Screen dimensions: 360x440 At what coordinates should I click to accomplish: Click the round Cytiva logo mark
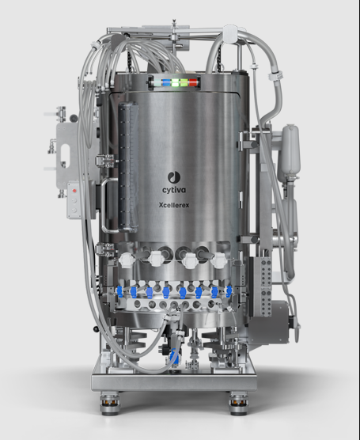pyautogui.click(x=174, y=177)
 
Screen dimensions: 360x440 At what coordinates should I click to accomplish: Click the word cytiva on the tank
pyautogui.click(x=174, y=190)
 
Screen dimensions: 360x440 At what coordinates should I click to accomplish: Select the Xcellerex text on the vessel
pyautogui.click(x=174, y=205)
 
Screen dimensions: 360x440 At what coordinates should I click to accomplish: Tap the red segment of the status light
pyautogui.click(x=193, y=82)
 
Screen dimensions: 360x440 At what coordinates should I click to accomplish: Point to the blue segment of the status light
pyautogui.click(x=166, y=82)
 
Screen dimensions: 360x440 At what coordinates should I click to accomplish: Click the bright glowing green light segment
pyautogui.click(x=176, y=83)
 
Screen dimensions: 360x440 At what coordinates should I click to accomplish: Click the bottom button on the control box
pyautogui.click(x=74, y=210)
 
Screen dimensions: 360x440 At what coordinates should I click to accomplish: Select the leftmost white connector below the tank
pyautogui.click(x=126, y=260)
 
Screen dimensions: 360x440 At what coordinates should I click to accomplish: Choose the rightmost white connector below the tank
pyautogui.click(x=218, y=260)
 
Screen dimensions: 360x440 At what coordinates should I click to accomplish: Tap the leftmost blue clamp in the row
pyautogui.click(x=119, y=291)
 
